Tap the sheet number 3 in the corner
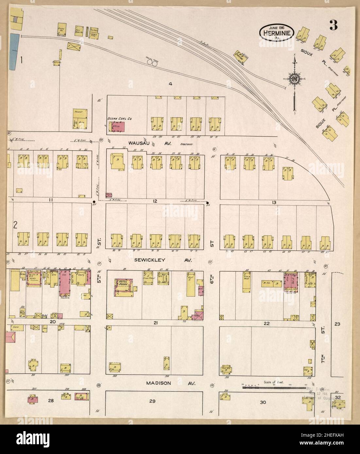tap(333, 25)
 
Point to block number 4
tap(170, 84)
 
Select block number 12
tap(155, 201)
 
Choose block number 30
tap(263, 402)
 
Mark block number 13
tap(274, 203)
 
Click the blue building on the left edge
tap(13, 51)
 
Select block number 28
tap(51, 400)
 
